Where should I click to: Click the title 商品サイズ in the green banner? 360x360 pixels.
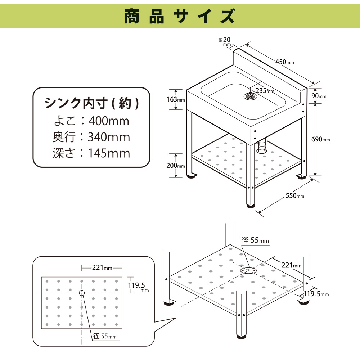point(180,16)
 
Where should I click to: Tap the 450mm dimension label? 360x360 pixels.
point(284,62)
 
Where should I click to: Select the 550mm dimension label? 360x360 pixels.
point(295,195)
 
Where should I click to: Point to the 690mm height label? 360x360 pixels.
point(320,139)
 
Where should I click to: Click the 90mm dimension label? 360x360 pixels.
point(319,96)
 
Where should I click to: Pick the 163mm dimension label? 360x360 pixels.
point(176,99)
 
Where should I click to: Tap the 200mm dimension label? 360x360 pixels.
point(176,165)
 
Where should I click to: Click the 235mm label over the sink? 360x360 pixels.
point(265,90)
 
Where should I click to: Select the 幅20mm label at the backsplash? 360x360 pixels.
point(225,41)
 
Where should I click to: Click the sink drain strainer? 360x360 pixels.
point(251,96)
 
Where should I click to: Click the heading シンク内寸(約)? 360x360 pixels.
point(91,103)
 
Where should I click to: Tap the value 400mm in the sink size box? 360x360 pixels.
point(109,121)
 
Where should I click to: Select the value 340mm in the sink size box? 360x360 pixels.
point(109,137)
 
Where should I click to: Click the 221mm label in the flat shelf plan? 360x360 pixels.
point(102,267)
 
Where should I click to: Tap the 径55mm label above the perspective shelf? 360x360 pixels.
point(255,240)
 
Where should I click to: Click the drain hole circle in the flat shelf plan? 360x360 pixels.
point(82,293)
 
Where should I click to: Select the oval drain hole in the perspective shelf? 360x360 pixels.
point(248,270)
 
